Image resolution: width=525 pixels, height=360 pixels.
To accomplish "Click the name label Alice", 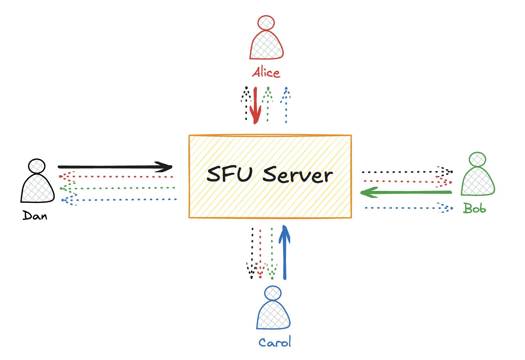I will coord(266,73).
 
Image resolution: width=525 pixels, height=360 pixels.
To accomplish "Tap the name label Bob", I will coord(474,209).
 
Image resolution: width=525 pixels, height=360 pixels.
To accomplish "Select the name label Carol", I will coord(274,342).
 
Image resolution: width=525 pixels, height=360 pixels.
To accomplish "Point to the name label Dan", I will coord(35,216).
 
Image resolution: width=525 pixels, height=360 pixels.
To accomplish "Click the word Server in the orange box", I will coord(298,175).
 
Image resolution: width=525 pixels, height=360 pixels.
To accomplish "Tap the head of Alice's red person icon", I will coord(266,22).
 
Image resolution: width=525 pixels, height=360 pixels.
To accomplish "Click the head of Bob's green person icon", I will coord(477,159).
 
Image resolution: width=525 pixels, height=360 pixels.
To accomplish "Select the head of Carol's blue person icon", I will coord(273,293).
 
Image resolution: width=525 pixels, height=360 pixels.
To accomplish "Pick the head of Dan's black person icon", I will coord(37,166).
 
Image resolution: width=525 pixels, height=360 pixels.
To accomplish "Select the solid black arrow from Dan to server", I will coord(115,167).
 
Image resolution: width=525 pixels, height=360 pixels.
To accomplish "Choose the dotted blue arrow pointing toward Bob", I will coord(409,208).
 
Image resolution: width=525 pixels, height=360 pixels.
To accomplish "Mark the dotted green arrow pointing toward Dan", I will coord(118,188).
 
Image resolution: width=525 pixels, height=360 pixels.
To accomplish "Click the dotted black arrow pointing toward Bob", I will coord(407,172).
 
